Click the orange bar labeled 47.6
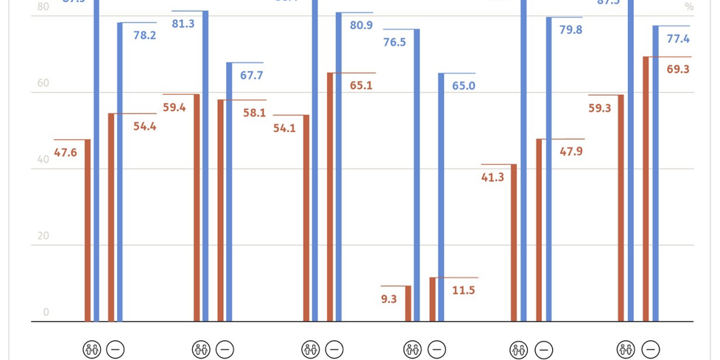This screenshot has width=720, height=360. click(x=88, y=230)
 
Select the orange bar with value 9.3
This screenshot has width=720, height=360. click(x=408, y=303)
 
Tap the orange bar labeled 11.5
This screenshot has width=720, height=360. click(x=433, y=299)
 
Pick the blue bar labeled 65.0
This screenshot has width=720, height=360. click(x=442, y=197)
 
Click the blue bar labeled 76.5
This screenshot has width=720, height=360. click(x=417, y=175)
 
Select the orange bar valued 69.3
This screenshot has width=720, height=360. click(x=646, y=188)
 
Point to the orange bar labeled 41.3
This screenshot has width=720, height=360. click(x=514, y=242)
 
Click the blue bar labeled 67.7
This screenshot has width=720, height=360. click(x=229, y=191)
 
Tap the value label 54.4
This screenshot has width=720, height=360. click(x=144, y=126)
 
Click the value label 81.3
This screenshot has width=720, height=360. click(x=183, y=24)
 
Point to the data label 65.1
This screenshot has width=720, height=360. click(x=361, y=85)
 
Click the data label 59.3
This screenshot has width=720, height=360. click(x=600, y=107)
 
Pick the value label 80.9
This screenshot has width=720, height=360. click(x=361, y=25)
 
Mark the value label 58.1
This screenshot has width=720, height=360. click(x=254, y=113)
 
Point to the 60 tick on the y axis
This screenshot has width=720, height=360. click(x=43, y=83)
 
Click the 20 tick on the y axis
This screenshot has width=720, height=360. click(x=43, y=236)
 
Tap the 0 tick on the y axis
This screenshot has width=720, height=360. click(x=46, y=312)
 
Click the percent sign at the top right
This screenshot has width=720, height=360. click(x=689, y=7)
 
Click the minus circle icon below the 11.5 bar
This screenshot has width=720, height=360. click(x=437, y=350)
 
